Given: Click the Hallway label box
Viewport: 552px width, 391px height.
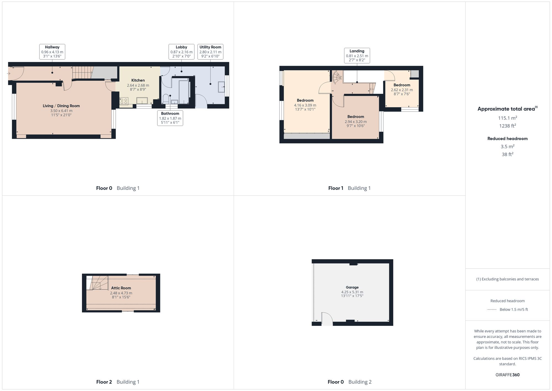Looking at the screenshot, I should [x=52, y=52].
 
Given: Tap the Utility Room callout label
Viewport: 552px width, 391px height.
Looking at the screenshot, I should [x=210, y=52].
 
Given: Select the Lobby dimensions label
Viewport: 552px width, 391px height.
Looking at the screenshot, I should [x=181, y=54].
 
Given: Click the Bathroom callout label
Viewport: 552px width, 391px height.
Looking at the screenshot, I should [x=170, y=118].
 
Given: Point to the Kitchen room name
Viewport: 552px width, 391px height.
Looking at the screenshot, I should [x=138, y=80].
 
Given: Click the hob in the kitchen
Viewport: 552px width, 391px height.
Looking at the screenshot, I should [x=124, y=101].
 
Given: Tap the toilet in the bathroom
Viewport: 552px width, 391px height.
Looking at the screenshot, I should [x=166, y=99].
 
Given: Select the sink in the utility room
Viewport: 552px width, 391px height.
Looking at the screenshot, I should [x=221, y=87].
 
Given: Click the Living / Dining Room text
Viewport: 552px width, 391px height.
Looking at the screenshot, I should [x=61, y=106].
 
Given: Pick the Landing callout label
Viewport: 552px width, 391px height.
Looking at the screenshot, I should [x=357, y=56].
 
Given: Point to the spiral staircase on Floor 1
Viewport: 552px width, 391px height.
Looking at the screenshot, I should [x=337, y=77].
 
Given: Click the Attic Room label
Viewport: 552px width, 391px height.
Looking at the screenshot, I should [x=121, y=288].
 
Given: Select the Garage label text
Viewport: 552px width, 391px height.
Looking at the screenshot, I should [x=352, y=287].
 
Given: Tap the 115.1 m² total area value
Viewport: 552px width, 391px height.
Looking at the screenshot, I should [x=507, y=118].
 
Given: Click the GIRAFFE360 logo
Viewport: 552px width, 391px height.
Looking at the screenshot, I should [x=507, y=375].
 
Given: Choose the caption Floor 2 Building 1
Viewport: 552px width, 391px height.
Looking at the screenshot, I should [x=118, y=382].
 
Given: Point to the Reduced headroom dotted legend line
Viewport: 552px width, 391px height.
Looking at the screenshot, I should [x=492, y=309].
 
